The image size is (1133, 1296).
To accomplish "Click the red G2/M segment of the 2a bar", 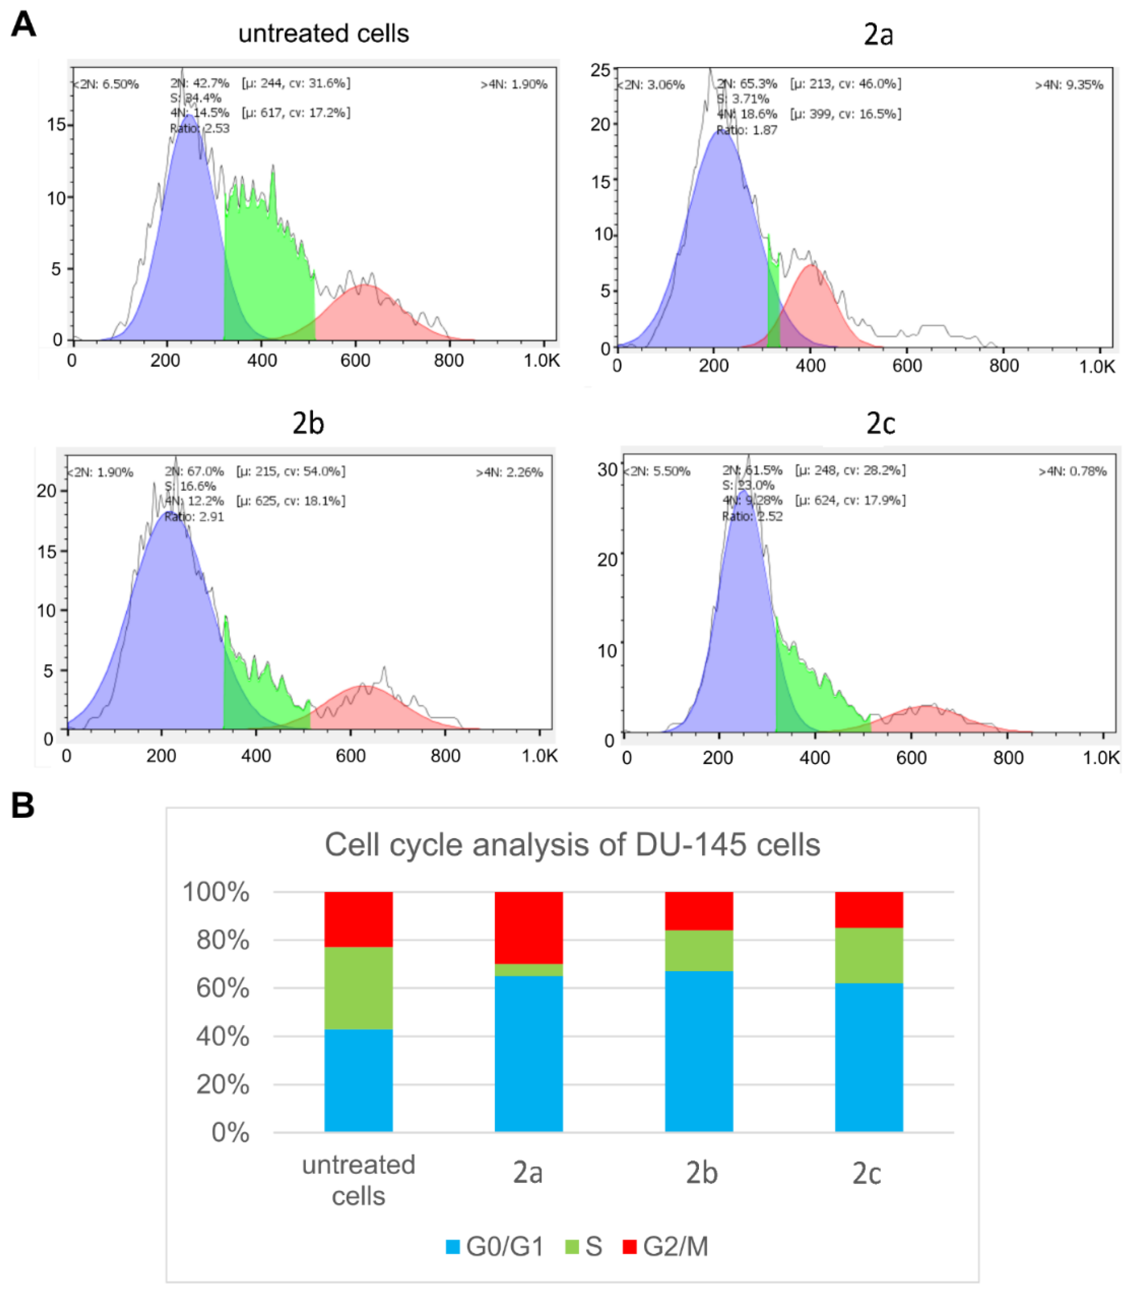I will click(x=529, y=927).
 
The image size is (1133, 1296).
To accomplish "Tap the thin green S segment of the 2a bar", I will click(x=529, y=969).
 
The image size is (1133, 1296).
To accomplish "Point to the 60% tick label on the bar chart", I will click(x=223, y=988).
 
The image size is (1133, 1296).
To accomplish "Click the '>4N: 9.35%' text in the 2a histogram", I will click(x=1069, y=85).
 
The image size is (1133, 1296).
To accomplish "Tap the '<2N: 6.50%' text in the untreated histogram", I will click(x=106, y=84).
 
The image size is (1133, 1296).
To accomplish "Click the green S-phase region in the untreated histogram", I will click(x=269, y=253).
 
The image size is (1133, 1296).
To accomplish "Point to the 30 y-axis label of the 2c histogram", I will click(x=607, y=469).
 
